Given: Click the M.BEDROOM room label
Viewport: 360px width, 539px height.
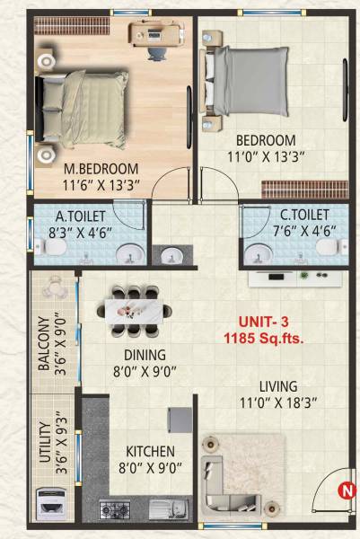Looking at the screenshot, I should tap(101, 169).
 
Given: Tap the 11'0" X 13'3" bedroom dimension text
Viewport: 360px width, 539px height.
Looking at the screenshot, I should tap(266, 157).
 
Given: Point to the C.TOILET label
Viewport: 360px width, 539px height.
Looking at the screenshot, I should tap(291, 216).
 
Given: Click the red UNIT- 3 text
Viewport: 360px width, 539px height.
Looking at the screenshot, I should tap(261, 323).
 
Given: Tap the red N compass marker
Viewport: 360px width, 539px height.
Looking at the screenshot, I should tap(345, 490).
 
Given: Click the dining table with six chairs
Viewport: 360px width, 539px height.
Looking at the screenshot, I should tap(138, 310).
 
